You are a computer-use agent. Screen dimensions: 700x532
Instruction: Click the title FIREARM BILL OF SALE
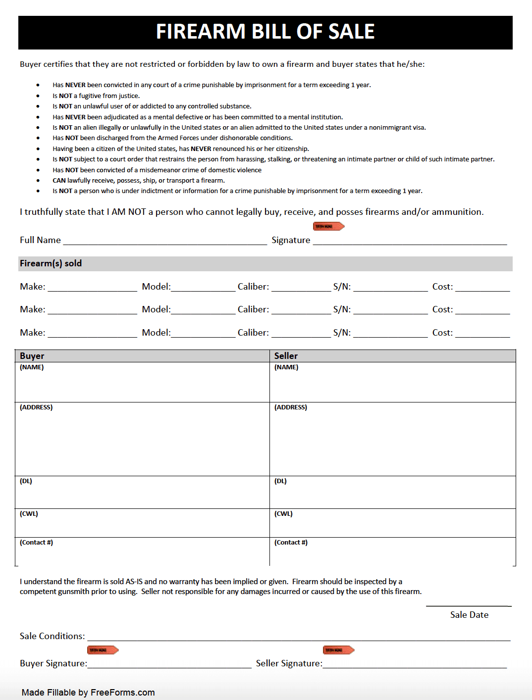(x=265, y=32)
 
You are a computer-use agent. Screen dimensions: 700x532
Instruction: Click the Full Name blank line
(x=165, y=241)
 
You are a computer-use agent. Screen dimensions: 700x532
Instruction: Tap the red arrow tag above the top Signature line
(x=328, y=226)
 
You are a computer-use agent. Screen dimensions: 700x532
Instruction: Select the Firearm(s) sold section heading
(x=51, y=263)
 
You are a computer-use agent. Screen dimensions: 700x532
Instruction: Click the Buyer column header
(x=32, y=356)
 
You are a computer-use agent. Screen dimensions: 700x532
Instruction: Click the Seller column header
(x=286, y=356)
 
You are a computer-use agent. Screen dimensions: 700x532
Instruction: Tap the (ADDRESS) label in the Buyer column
(x=36, y=407)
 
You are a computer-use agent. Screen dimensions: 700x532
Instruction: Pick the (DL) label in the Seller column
(x=280, y=481)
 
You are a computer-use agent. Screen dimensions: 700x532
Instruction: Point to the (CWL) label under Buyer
(x=29, y=514)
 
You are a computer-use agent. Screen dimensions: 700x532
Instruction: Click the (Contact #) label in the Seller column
(x=291, y=543)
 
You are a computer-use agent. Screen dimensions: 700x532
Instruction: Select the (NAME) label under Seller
(x=286, y=367)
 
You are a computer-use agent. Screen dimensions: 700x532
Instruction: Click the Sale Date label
(x=469, y=615)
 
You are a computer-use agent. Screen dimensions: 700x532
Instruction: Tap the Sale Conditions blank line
(x=299, y=638)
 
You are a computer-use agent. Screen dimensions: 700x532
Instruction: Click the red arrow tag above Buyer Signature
(x=103, y=650)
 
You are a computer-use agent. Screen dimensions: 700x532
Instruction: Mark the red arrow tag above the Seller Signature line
(x=338, y=650)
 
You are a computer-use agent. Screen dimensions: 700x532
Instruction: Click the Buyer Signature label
(x=53, y=663)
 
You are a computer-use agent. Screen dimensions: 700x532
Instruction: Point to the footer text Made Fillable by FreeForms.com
(x=88, y=693)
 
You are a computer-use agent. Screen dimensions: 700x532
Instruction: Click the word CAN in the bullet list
(x=59, y=181)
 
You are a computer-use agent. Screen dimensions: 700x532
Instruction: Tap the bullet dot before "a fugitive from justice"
(x=38, y=96)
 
